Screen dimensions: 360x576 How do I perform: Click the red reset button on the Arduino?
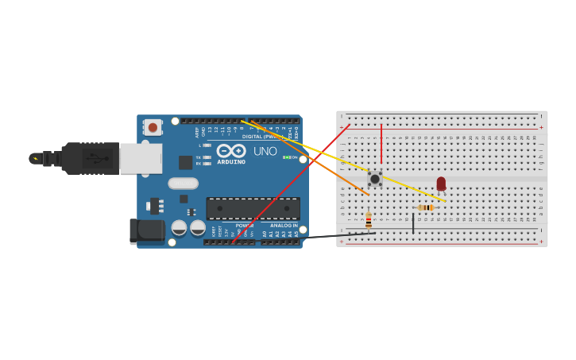pos(153,127)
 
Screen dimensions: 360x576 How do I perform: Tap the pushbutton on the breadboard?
pos(375,179)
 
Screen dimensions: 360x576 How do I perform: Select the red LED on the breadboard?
pos(441,184)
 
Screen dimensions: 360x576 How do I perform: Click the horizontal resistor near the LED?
pos(425,208)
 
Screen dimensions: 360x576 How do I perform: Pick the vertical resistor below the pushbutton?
pos(369,220)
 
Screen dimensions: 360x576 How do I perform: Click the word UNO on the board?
pos(265,151)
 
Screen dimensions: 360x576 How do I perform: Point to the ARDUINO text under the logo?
pos(231,161)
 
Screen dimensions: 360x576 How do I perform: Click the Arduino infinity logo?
pos(231,150)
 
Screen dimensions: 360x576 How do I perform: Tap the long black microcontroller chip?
pos(253,208)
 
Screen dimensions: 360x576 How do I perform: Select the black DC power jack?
pos(147,231)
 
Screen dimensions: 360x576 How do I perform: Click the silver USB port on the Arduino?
pos(141,158)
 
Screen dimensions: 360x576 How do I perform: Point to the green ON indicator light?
pos(286,157)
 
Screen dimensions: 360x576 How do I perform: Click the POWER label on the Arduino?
pos(244,226)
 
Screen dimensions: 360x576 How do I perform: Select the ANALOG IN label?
pos(284,226)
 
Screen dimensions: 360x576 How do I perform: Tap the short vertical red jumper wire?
pos(381,143)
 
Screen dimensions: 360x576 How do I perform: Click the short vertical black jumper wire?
pos(413,223)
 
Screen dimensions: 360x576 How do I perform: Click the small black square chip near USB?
pos(185,162)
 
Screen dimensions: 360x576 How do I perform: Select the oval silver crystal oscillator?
pos(183,184)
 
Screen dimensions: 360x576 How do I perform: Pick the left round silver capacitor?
pos(180,228)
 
